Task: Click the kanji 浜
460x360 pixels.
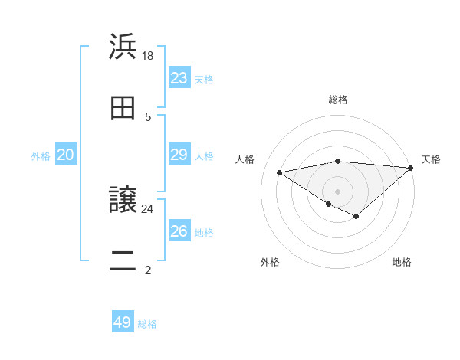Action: pos(123,46)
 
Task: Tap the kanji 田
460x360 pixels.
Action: pos(123,109)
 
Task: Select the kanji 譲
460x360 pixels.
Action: pos(123,200)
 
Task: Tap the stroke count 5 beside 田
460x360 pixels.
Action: pos(148,117)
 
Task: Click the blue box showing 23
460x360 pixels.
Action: pos(179,78)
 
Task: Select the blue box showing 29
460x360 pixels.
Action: pos(179,155)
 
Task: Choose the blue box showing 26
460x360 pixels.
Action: pos(179,231)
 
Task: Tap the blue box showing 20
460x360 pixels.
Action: pos(66,155)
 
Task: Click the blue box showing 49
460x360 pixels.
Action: pos(123,322)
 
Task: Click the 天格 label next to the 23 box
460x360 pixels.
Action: pos(204,79)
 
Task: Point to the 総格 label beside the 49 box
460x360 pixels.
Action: pos(147,324)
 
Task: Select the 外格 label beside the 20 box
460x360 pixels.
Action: pos(41,155)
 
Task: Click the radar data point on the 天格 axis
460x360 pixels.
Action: pos(410,169)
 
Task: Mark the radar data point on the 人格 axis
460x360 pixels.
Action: pos(280,172)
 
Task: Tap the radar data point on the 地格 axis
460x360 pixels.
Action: pos(356,217)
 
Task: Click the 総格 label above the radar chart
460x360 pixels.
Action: pos(338,100)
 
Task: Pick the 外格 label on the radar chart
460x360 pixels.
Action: pos(270,262)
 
